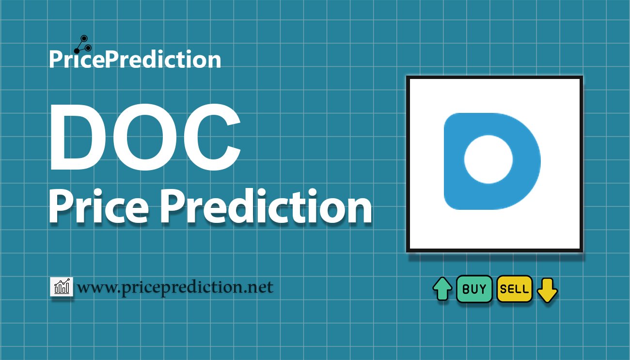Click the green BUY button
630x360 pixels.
(x=474, y=289)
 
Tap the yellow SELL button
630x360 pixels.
(x=514, y=289)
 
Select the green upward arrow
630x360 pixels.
(x=442, y=289)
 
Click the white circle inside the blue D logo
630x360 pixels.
(x=488, y=159)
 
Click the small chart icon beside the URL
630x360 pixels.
(x=61, y=287)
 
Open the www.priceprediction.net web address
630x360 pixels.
(x=175, y=288)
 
